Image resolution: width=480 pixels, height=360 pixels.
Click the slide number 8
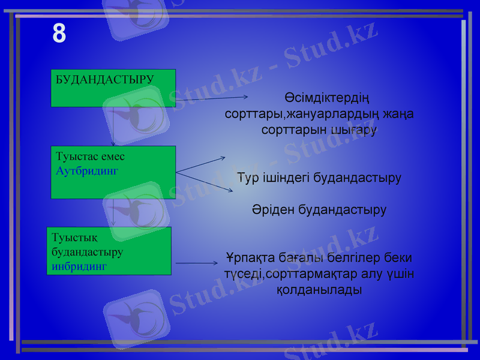59,34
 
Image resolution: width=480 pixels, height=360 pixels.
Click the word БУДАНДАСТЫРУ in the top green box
104,79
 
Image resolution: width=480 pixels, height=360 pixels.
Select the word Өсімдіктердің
327,98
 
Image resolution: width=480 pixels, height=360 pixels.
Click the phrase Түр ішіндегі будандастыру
319,178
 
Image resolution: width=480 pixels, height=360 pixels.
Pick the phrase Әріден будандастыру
319,211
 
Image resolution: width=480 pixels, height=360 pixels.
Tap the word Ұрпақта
250,258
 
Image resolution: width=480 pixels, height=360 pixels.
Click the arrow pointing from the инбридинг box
197,263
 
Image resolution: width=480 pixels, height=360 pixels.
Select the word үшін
400,274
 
